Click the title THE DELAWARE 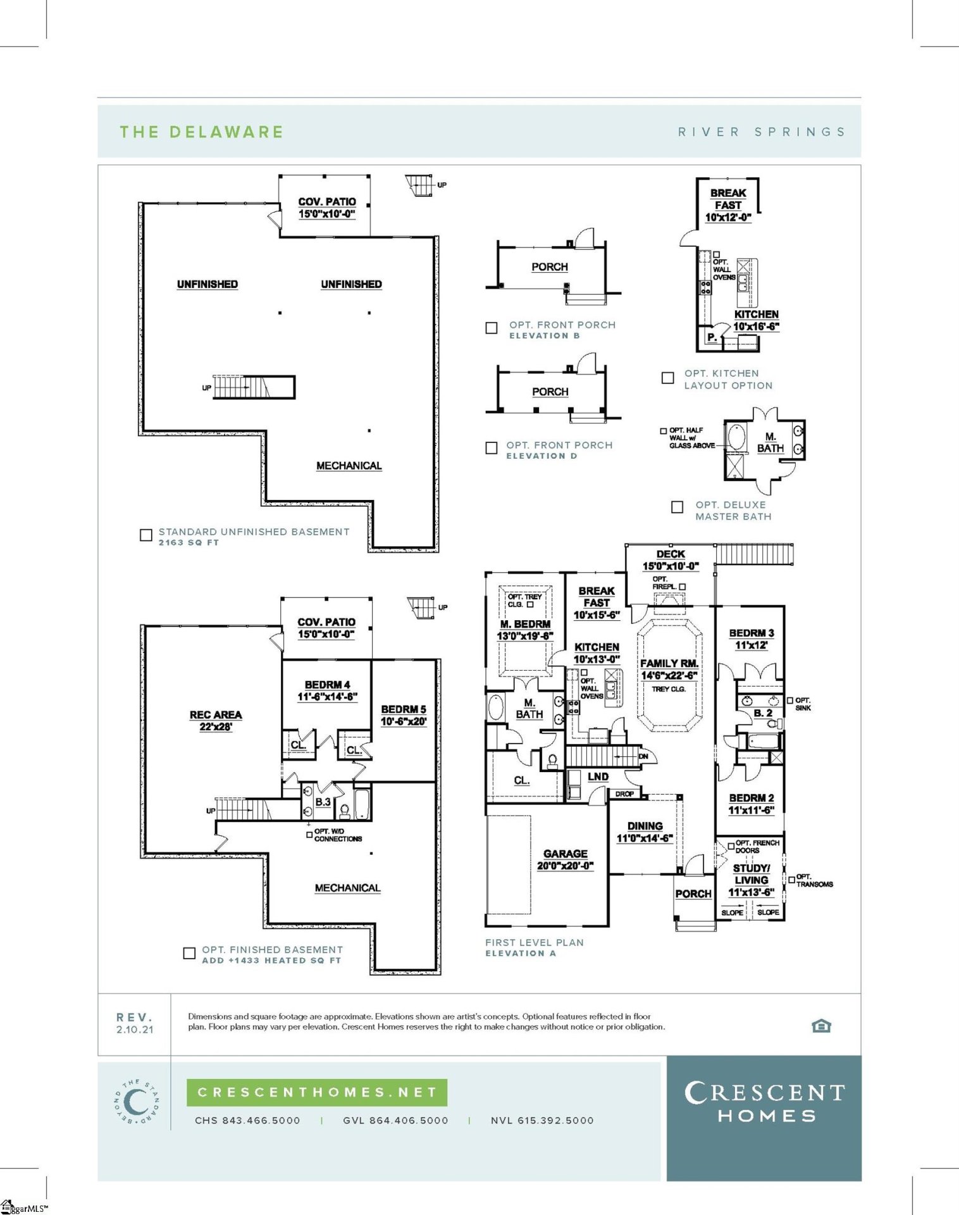point(201,132)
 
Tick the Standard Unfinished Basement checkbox point(146,535)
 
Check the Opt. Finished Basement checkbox point(189,953)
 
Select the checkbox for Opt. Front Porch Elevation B point(492,328)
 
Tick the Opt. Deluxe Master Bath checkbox point(677,507)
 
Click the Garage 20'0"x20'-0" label point(565,859)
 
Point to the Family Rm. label point(669,669)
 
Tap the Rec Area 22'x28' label point(216,720)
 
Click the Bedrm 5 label point(404,715)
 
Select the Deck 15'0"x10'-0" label point(671,560)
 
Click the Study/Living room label point(752,880)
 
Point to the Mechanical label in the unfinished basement point(349,466)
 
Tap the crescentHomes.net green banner point(317,1092)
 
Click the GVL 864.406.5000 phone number point(395,1120)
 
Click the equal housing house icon point(821,1026)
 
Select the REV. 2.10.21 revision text point(135,1023)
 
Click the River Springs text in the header point(762,132)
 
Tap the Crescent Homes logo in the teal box point(764,1102)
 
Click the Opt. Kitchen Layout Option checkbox point(667,378)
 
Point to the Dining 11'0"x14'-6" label point(645,832)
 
